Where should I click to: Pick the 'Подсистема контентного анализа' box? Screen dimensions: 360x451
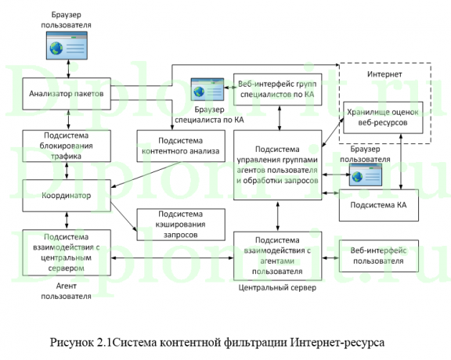[180, 146]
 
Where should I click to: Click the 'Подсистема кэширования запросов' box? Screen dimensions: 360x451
[180, 224]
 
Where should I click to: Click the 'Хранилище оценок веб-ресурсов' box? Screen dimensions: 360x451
[384, 116]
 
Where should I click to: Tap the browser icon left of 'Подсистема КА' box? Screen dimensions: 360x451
[365, 176]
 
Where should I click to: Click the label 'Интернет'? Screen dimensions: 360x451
[384, 75]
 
